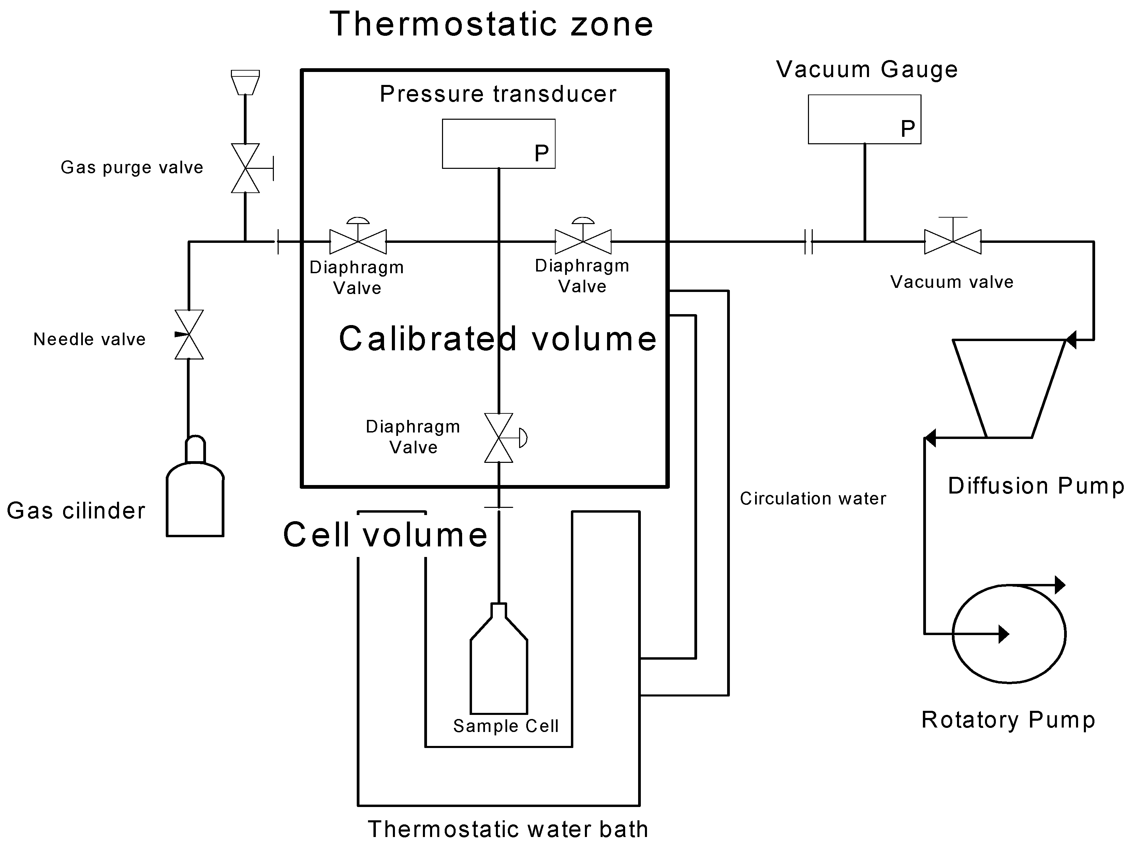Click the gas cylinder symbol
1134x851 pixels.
[x=195, y=497]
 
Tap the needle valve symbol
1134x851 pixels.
[x=189, y=334]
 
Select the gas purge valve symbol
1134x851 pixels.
[x=246, y=168]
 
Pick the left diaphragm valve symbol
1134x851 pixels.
[x=358, y=241]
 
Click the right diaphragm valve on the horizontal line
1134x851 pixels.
[x=583, y=241]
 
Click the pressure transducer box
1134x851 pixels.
[x=498, y=144]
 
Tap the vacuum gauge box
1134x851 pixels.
[x=864, y=119]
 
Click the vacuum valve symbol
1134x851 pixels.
[x=953, y=241]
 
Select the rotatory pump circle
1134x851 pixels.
[x=1009, y=634]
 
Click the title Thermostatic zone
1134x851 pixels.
[x=491, y=24]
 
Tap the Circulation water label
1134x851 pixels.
[x=813, y=498]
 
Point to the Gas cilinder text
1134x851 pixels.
[x=76, y=511]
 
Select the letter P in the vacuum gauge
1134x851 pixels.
[x=908, y=129]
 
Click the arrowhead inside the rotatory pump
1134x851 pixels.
[x=1004, y=634]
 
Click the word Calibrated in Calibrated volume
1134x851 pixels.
[x=428, y=339]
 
